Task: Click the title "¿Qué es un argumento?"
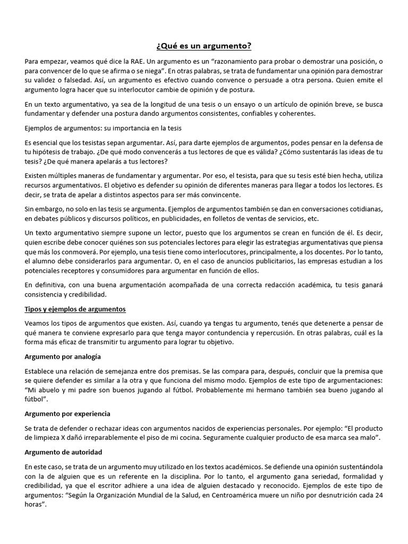(x=204, y=47)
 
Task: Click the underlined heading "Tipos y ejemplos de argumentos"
(x=75, y=309)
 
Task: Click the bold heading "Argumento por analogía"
(x=63, y=356)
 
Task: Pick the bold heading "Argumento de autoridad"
(x=63, y=452)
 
